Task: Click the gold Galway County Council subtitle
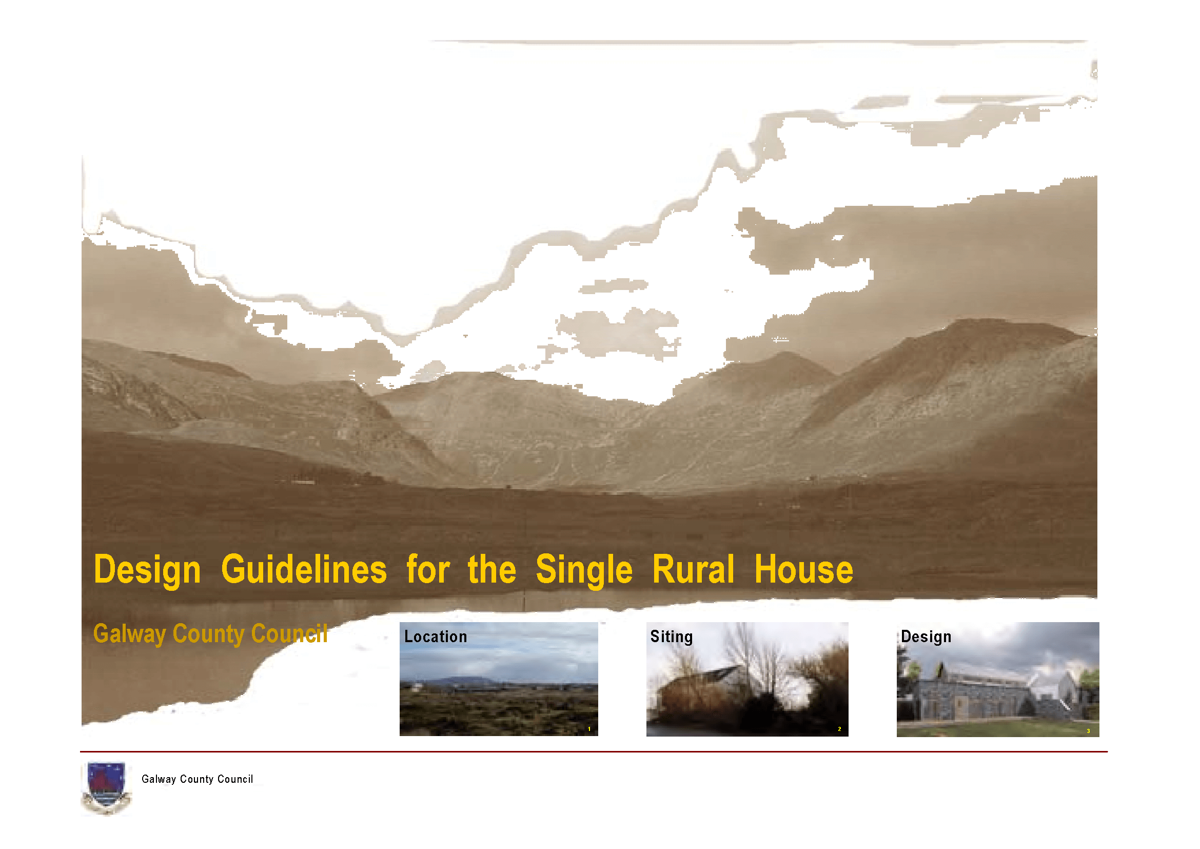(x=210, y=634)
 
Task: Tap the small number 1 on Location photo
(x=589, y=729)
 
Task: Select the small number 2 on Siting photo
(x=839, y=729)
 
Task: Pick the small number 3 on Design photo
(x=1088, y=731)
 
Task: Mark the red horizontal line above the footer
(x=593, y=752)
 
